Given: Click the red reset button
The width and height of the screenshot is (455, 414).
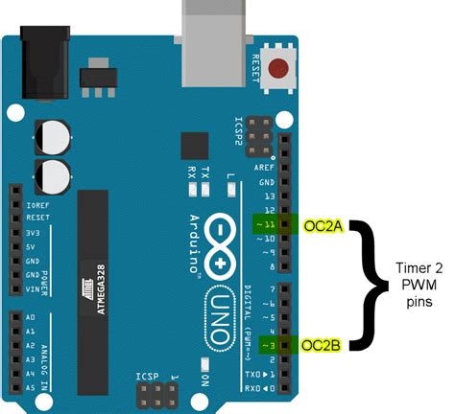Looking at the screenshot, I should point(280,69).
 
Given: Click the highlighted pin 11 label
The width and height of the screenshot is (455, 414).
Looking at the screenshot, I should point(266,226).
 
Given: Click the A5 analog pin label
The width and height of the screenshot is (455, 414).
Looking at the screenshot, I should point(29,388).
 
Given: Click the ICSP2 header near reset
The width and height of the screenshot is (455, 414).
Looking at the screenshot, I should point(259,136).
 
